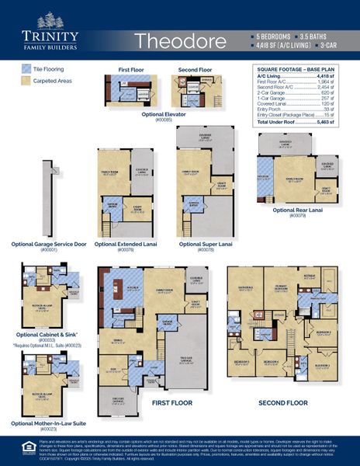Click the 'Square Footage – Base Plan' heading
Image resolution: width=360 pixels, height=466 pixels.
299,69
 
